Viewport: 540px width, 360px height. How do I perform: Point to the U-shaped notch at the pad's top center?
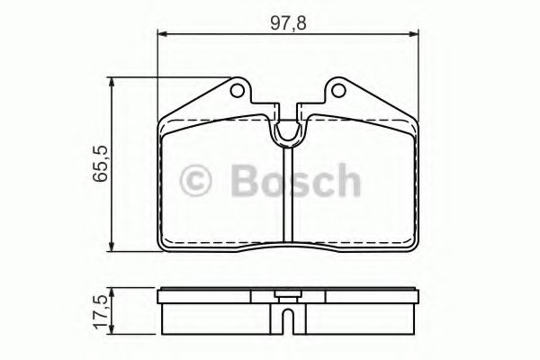click(287, 131)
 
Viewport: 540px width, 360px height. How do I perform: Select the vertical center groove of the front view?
click(287, 193)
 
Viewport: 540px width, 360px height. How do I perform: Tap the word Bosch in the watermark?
click(295, 181)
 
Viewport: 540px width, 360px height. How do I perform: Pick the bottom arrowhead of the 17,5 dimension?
click(112, 329)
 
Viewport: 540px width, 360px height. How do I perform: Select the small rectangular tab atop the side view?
click(287, 292)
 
